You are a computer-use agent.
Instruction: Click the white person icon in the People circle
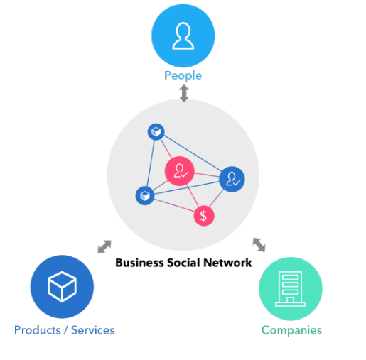[x=183, y=36]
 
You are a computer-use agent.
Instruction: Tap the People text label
[x=183, y=76]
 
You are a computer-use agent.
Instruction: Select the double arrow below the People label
[x=184, y=93]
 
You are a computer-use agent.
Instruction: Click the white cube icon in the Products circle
[x=62, y=287]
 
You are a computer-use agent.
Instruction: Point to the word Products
[x=38, y=330]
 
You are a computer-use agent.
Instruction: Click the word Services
[x=93, y=330]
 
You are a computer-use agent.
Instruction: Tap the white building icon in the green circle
[x=290, y=289]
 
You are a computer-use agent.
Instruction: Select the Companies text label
[x=291, y=330]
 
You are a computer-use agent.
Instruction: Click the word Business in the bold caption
[x=139, y=263]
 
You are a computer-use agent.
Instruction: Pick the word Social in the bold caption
[x=183, y=263]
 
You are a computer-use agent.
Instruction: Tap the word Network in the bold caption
[x=227, y=263]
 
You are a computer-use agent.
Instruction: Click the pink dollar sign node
[x=204, y=216]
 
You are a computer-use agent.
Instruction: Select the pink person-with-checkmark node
[x=180, y=171]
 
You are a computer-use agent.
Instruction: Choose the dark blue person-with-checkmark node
[x=232, y=179]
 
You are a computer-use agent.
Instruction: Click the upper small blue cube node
[x=156, y=131]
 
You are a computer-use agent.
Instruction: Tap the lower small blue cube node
[x=145, y=196]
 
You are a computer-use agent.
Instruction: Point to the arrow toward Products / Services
[x=104, y=246]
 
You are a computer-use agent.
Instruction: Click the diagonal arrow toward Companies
[x=259, y=245]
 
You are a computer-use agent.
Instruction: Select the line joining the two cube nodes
[x=151, y=163]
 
